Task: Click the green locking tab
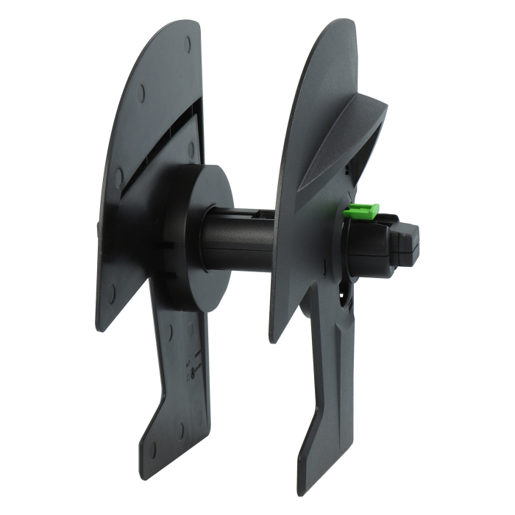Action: pos(361,212)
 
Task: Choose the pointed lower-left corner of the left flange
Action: pos(99,328)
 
